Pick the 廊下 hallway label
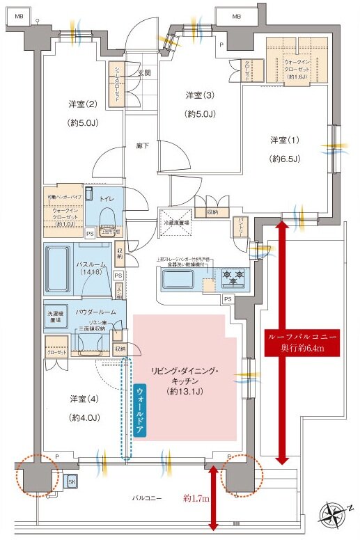[142, 147]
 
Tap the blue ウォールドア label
[141, 410]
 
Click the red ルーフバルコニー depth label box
[302, 341]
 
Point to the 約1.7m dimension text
[197, 499]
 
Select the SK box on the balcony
[72, 481]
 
